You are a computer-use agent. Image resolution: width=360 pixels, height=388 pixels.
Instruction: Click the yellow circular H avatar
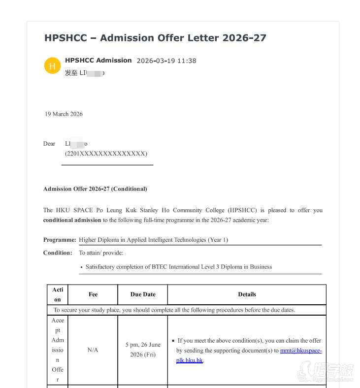(52, 65)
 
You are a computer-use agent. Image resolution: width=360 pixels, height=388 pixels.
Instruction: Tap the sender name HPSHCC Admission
(98, 61)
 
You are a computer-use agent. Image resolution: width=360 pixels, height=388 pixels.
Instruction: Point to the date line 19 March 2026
(64, 114)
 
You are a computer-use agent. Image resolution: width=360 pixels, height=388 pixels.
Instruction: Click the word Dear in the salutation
(49, 144)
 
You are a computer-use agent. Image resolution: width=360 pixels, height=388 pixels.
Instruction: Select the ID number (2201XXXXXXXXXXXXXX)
(106, 154)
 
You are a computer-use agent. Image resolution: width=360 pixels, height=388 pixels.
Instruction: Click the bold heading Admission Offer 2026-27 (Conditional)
(95, 189)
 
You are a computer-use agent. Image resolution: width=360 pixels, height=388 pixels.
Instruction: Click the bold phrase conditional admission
(72, 220)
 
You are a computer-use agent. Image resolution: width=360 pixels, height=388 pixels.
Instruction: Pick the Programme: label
(60, 240)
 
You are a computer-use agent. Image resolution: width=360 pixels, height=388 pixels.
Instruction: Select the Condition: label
(58, 253)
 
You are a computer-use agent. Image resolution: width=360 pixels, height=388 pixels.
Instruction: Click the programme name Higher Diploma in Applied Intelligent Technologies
(153, 240)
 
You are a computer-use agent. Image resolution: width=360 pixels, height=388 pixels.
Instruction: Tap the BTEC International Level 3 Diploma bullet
(178, 267)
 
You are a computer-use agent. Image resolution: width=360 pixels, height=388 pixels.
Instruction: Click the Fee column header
(93, 294)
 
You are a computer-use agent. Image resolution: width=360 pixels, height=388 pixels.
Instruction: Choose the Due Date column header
(143, 294)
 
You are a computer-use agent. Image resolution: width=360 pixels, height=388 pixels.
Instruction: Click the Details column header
(247, 294)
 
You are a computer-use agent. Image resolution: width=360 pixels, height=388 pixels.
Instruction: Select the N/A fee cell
(93, 350)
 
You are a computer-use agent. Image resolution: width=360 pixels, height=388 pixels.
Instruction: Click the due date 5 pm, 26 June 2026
(143, 350)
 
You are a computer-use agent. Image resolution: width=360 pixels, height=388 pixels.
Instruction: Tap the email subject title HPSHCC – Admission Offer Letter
(155, 38)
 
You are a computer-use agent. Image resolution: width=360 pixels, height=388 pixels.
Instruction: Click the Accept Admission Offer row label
(58, 350)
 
